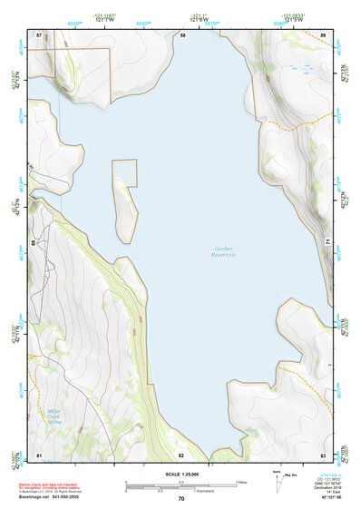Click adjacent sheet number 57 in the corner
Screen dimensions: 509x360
tap(39, 35)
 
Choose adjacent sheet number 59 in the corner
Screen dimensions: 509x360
tap(323, 35)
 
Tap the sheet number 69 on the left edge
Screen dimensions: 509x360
tap(34, 243)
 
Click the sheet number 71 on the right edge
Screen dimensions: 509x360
tap(326, 241)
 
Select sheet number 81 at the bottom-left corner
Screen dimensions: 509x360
tap(39, 454)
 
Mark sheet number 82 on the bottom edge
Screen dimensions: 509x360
tap(181, 455)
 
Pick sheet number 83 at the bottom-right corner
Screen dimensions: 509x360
tap(323, 454)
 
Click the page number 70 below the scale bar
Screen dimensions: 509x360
tap(181, 498)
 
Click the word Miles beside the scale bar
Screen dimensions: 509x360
tap(242, 481)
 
